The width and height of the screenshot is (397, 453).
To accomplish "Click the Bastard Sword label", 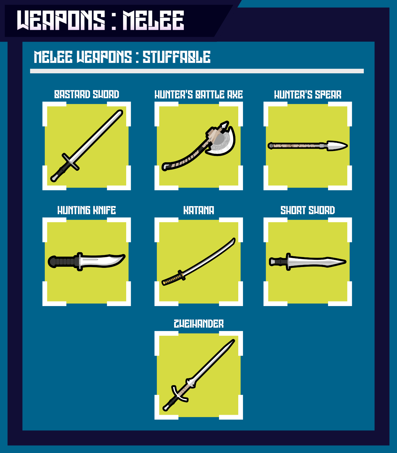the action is (86, 95).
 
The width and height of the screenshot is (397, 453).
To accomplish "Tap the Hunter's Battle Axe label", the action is (198, 95).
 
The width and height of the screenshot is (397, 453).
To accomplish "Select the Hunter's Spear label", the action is (308, 95).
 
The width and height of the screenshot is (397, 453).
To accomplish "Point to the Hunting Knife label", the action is (86, 210).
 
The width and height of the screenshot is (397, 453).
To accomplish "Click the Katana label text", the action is (198, 210).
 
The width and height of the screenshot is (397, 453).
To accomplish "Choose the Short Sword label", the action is (308, 210).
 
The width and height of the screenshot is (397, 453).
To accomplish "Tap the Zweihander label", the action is (198, 324).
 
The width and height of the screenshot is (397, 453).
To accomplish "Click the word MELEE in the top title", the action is (153, 20).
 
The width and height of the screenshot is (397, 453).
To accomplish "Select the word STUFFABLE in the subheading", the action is (176, 57).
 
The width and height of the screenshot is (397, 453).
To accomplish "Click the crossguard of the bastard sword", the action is (71, 162).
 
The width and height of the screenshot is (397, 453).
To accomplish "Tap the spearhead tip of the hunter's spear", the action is (347, 146).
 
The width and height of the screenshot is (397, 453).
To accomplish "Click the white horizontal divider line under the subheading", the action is (197, 71).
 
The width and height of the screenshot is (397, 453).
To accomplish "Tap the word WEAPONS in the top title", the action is (61, 20).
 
